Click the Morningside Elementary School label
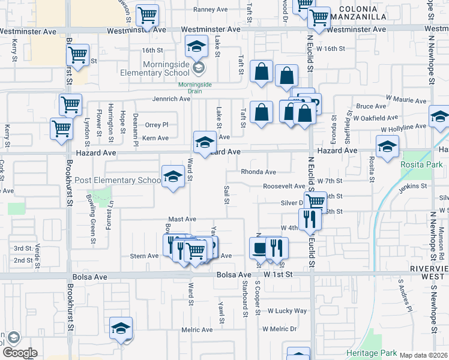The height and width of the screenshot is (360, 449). [167, 69]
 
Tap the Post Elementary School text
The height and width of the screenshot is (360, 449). [118, 181]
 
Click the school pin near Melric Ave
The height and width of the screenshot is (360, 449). [121, 328]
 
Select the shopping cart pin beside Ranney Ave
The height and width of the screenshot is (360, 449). [147, 16]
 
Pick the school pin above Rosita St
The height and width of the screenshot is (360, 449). [387, 146]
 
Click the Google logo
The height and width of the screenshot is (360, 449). [19, 353]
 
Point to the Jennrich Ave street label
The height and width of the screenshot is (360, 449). [171, 99]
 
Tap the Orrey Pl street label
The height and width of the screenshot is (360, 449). [157, 125]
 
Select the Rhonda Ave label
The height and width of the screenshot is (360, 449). [258, 172]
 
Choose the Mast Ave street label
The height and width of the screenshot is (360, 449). [182, 220]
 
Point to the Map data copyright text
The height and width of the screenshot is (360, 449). [423, 355]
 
